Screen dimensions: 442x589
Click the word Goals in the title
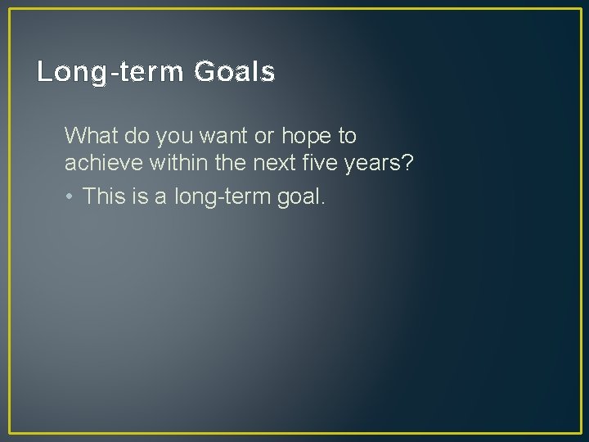coord(235,73)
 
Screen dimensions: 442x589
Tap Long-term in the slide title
coord(111,73)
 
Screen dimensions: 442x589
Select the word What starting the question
coord(90,134)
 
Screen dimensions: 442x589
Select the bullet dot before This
coord(71,196)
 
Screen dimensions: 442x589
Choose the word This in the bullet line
coord(104,196)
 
